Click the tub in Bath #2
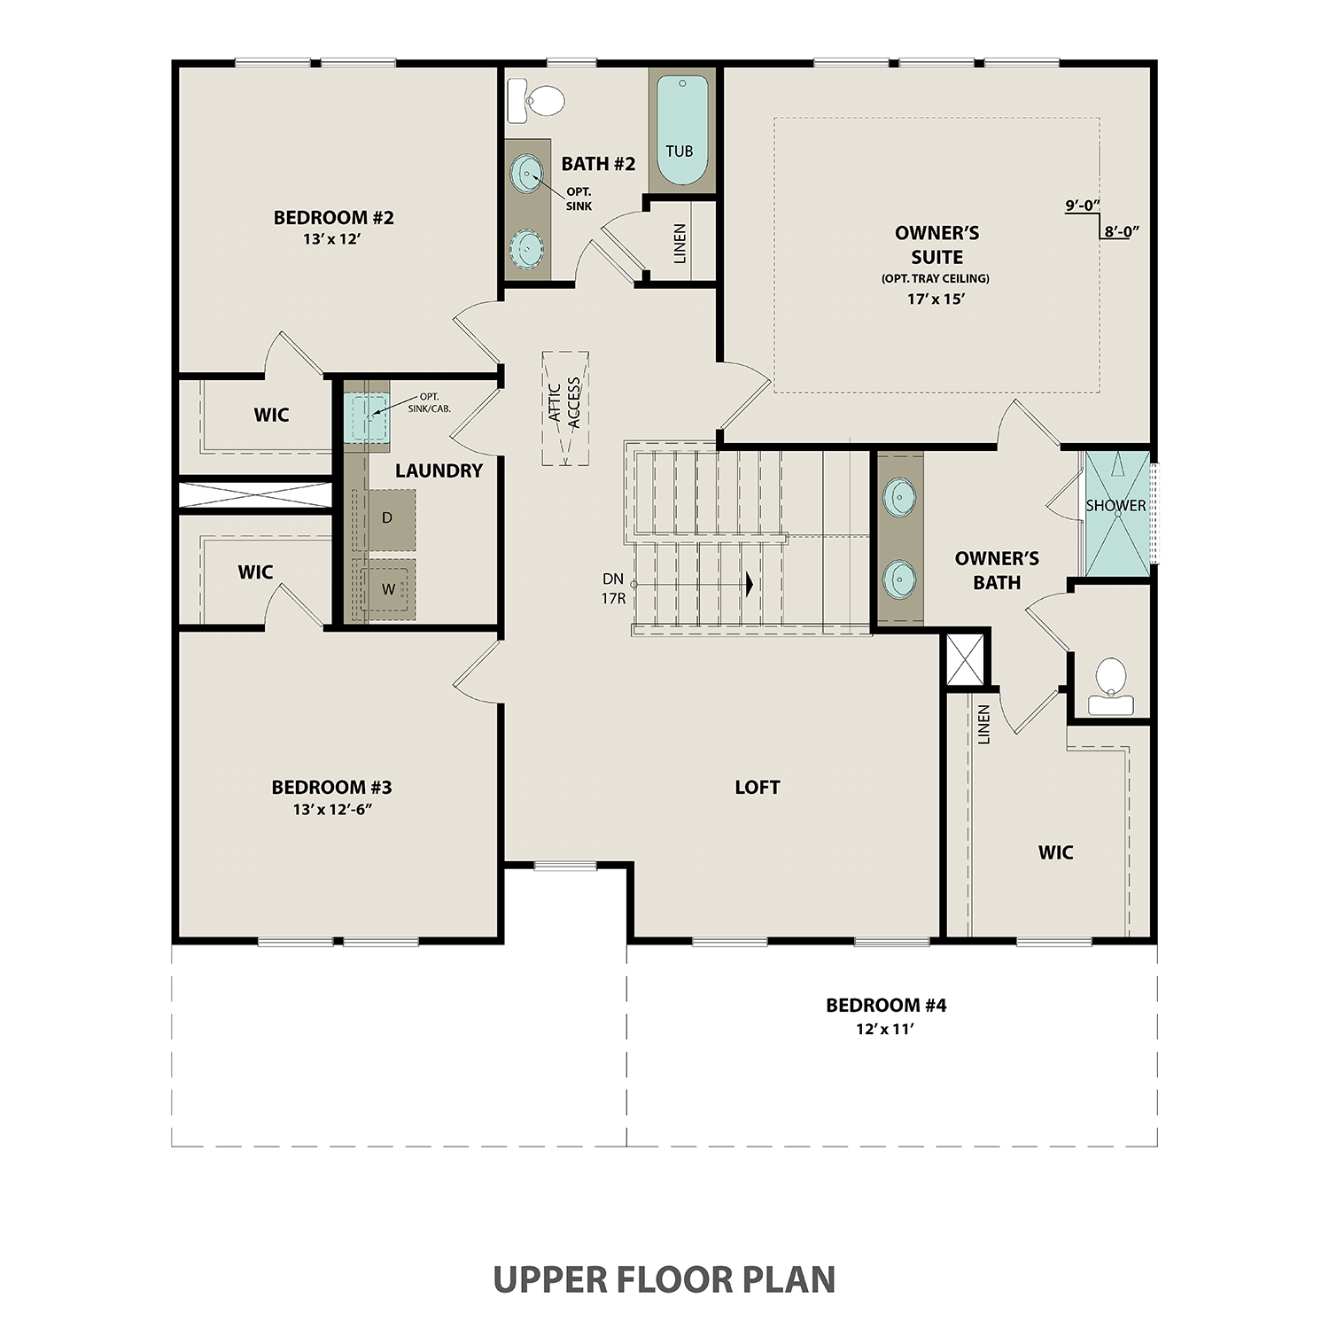pyautogui.click(x=681, y=130)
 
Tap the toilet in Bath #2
pyautogui.click(x=537, y=101)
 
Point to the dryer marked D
pyautogui.click(x=388, y=518)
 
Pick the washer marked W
pyautogui.click(x=388, y=589)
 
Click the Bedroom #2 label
pyautogui.click(x=333, y=217)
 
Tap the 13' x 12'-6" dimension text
pyautogui.click(x=331, y=809)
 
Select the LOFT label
pyautogui.click(x=757, y=787)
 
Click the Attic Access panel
pyautogui.click(x=565, y=408)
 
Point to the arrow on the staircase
pyautogui.click(x=750, y=584)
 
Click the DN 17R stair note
pyautogui.click(x=613, y=588)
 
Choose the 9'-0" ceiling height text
pyautogui.click(x=1082, y=206)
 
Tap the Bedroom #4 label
pyautogui.click(x=886, y=1005)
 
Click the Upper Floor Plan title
pyautogui.click(x=664, y=1279)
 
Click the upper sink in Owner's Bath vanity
pyautogui.click(x=899, y=496)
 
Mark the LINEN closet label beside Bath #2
pyautogui.click(x=680, y=244)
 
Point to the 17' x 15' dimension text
pyautogui.click(x=936, y=299)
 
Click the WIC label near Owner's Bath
pyautogui.click(x=1055, y=852)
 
